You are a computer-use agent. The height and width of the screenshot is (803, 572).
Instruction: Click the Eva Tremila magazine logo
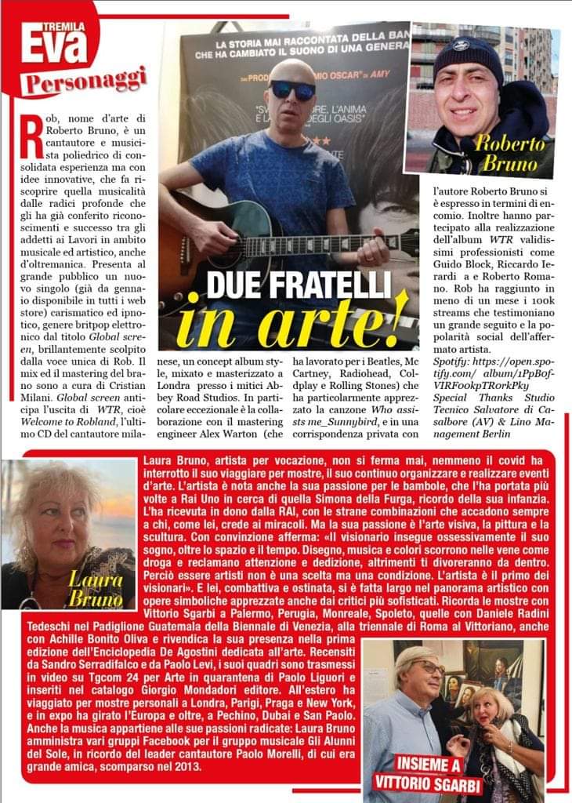tap(52, 38)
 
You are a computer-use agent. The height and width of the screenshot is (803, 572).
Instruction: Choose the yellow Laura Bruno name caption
tap(95, 588)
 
